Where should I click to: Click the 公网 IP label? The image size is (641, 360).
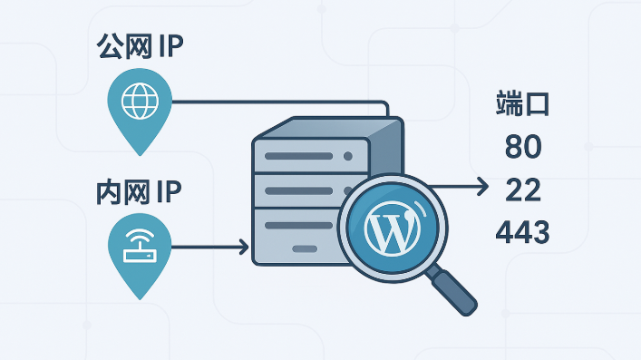click(x=140, y=46)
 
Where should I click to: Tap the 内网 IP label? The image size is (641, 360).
click(x=139, y=192)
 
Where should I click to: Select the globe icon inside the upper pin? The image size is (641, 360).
click(x=140, y=101)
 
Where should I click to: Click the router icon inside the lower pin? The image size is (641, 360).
click(x=140, y=246)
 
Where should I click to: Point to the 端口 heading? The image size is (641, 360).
click(x=522, y=104)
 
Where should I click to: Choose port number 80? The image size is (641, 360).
click(x=523, y=147)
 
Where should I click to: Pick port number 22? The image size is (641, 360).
click(x=523, y=190)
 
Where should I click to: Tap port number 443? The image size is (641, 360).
click(x=522, y=232)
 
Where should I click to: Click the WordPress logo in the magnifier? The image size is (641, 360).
click(x=393, y=227)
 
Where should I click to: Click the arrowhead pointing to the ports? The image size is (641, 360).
click(x=483, y=187)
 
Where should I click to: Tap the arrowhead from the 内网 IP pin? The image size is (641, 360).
click(x=244, y=247)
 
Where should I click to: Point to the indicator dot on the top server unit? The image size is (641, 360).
click(x=348, y=156)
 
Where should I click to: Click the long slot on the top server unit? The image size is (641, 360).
click(x=299, y=156)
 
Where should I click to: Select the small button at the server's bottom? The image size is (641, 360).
click(x=305, y=248)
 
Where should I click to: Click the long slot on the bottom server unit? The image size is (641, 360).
click(x=299, y=226)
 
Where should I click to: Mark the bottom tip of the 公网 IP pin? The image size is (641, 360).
click(x=141, y=155)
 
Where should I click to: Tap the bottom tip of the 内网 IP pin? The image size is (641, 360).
click(x=140, y=299)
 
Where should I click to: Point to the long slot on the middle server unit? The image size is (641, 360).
click(x=299, y=190)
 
